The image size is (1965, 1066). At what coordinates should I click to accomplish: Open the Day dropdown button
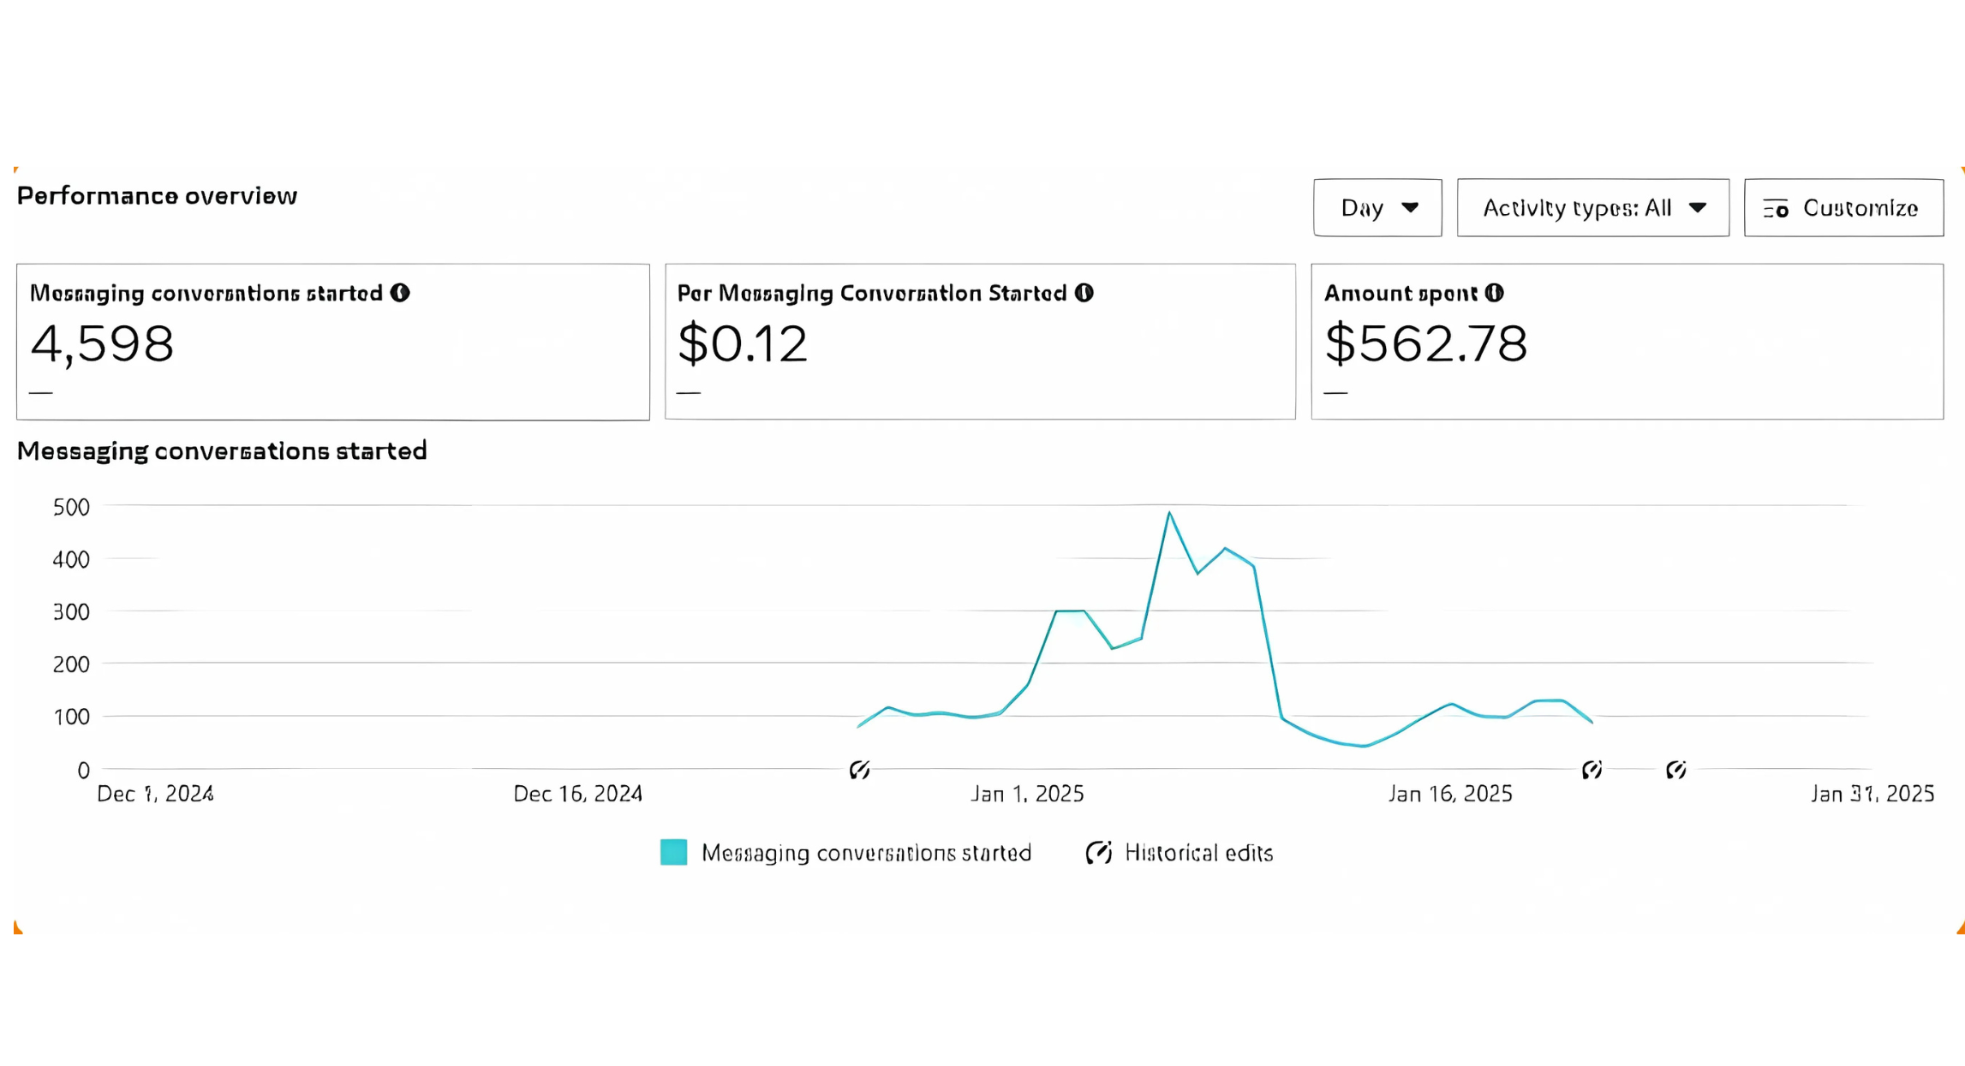(x=1377, y=208)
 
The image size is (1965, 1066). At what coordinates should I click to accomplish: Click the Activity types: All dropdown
(x=1592, y=208)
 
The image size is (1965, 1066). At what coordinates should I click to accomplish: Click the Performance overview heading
(x=158, y=196)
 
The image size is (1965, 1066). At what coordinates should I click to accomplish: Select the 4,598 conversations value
(x=103, y=344)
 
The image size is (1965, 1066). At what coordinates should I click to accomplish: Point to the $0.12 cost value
(x=743, y=344)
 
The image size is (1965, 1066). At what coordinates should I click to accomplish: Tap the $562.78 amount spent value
(x=1426, y=344)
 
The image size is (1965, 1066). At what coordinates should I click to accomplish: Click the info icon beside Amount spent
(x=1495, y=293)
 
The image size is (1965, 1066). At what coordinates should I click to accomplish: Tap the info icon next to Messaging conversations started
(x=400, y=293)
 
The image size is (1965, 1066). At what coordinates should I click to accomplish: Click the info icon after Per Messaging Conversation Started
(x=1084, y=293)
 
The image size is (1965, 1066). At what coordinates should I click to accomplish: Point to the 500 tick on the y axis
(x=71, y=507)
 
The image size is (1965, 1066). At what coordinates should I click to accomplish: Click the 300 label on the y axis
(x=71, y=612)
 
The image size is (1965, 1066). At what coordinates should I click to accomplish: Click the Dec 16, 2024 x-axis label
(x=578, y=794)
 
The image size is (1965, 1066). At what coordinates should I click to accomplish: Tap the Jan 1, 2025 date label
(x=1027, y=794)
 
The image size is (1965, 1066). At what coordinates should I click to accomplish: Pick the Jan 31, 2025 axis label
(x=1872, y=794)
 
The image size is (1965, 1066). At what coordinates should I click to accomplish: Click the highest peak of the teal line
(x=1169, y=513)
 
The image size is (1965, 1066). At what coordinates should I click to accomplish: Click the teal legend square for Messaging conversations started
(x=673, y=853)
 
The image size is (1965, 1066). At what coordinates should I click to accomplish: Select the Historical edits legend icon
(x=1099, y=853)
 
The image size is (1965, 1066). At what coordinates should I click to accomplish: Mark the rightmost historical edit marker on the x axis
(x=1676, y=770)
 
